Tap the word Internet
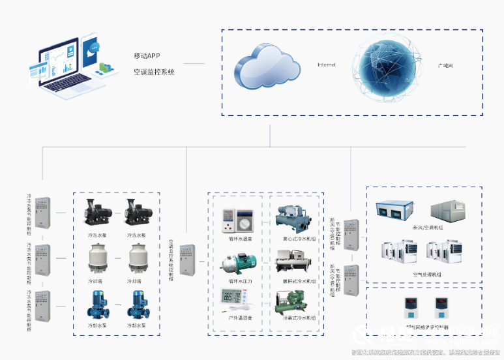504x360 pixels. coord(326,65)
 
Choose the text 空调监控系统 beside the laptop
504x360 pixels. coord(154,72)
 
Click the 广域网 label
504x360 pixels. coord(445,67)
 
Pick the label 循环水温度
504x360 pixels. coord(233,238)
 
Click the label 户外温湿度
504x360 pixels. coord(233,318)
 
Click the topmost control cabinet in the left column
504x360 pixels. coord(43,212)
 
